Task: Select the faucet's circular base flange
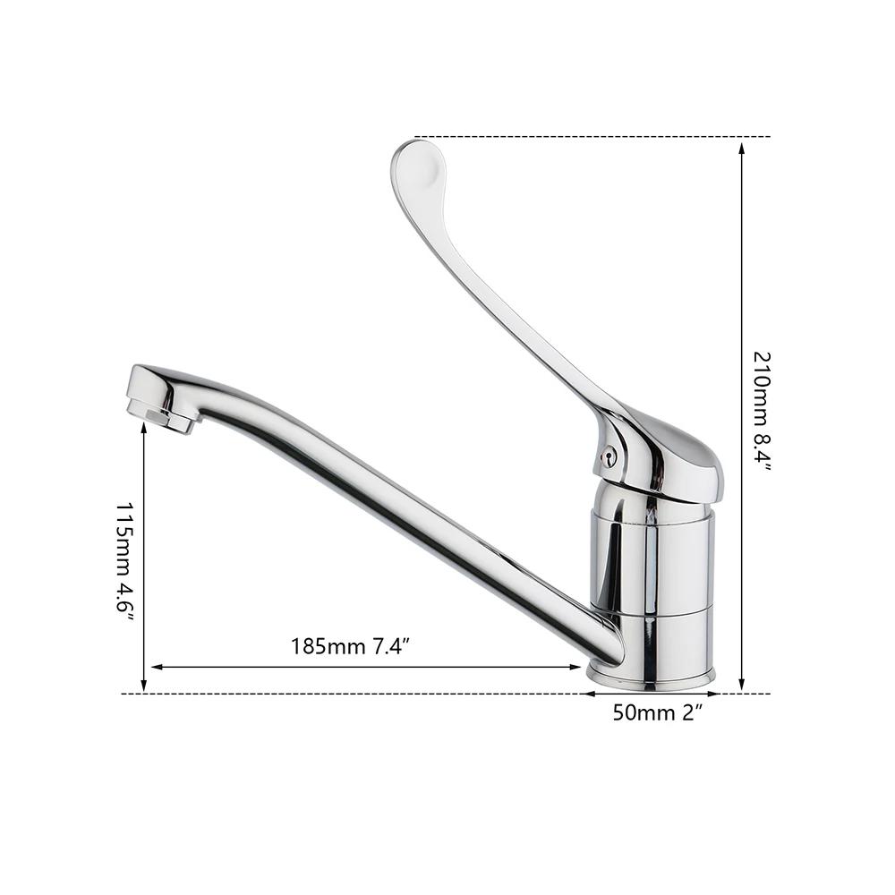[651, 678]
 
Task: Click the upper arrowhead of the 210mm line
[742, 148]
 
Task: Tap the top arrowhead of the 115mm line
[144, 430]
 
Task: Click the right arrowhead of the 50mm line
[713, 694]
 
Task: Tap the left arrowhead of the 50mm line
[591, 694]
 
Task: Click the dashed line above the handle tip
[591, 137]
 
